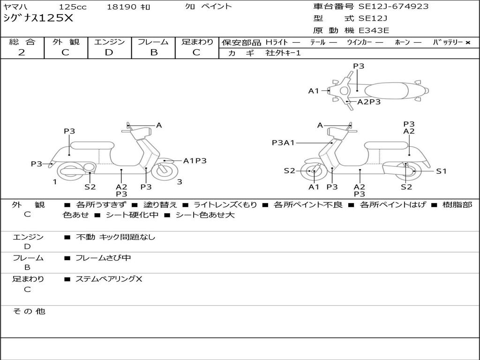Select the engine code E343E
(x=374, y=30)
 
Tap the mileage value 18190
(x=121, y=7)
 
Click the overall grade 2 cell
(x=22, y=52)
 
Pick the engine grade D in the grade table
(x=109, y=52)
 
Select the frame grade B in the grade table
(x=154, y=52)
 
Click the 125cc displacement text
(x=69, y=7)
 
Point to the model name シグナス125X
(x=38, y=18)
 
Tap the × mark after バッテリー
(x=467, y=43)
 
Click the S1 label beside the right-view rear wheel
(x=441, y=171)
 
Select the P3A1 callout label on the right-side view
(x=283, y=142)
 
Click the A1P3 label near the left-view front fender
(x=195, y=161)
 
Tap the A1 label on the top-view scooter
(x=314, y=91)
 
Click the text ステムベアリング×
(x=109, y=279)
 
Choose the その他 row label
(x=29, y=311)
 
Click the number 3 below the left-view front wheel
(x=180, y=182)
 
